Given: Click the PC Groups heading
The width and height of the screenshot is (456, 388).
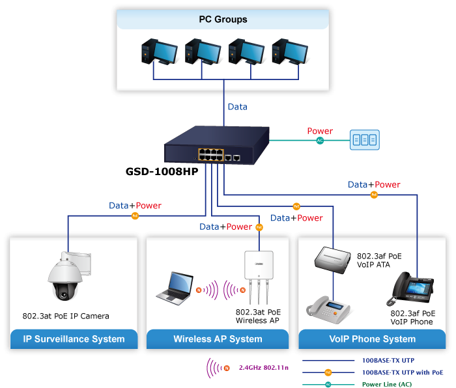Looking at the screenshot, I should [x=223, y=20].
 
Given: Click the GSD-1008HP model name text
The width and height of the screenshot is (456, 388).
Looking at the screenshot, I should [x=162, y=173].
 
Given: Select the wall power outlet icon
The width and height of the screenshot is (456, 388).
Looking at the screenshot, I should [x=364, y=139].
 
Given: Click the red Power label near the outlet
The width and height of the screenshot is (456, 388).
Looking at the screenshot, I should [x=320, y=132].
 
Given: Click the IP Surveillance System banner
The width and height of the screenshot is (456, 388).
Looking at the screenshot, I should [x=74, y=339].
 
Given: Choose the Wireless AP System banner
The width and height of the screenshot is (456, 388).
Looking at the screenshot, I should [x=218, y=339].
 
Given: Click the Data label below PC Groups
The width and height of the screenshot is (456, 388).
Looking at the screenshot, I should [x=236, y=107].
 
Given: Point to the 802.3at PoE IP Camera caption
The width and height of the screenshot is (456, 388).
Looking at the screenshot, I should [x=66, y=316].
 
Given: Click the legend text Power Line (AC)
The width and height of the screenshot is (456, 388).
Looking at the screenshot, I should [x=387, y=384].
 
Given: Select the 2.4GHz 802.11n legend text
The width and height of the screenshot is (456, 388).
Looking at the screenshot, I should [x=263, y=368].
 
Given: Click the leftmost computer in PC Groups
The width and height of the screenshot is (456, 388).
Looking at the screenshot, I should [x=157, y=52].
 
